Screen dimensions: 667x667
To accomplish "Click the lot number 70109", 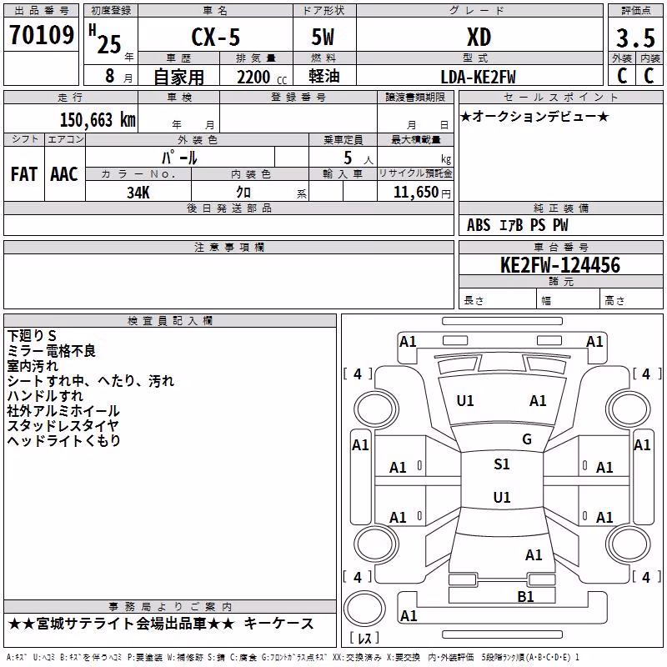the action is coord(42,34).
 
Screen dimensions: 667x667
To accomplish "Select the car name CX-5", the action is coord(215,37).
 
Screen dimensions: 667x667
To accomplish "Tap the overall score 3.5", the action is coord(635,38).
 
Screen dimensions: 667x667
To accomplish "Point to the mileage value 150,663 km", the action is coord(98,120).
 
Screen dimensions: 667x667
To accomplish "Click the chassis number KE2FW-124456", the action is coord(560,265).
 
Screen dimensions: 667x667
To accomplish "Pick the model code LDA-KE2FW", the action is coord(478,77).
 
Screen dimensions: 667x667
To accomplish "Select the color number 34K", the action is coord(138,193).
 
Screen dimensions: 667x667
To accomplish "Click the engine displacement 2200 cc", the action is coord(262,77).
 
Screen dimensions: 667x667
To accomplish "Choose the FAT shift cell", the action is coord(24,174).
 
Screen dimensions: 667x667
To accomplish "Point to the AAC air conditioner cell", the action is coord(64,174).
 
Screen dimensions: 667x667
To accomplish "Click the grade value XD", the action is coord(479,38).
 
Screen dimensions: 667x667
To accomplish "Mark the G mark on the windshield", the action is coord(527,439).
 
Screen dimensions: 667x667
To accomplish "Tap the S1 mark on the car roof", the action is coord(502,464).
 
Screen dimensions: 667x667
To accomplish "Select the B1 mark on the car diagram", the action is coord(525,597).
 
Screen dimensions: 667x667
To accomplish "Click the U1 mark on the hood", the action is coord(465,401).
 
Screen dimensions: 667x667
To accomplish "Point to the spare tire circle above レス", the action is coord(364,609).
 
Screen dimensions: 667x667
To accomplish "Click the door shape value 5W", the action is coord(323,37).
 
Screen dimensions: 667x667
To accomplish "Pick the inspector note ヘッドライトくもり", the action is coord(64,441).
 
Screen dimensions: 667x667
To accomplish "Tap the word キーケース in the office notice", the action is coord(279,624).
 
